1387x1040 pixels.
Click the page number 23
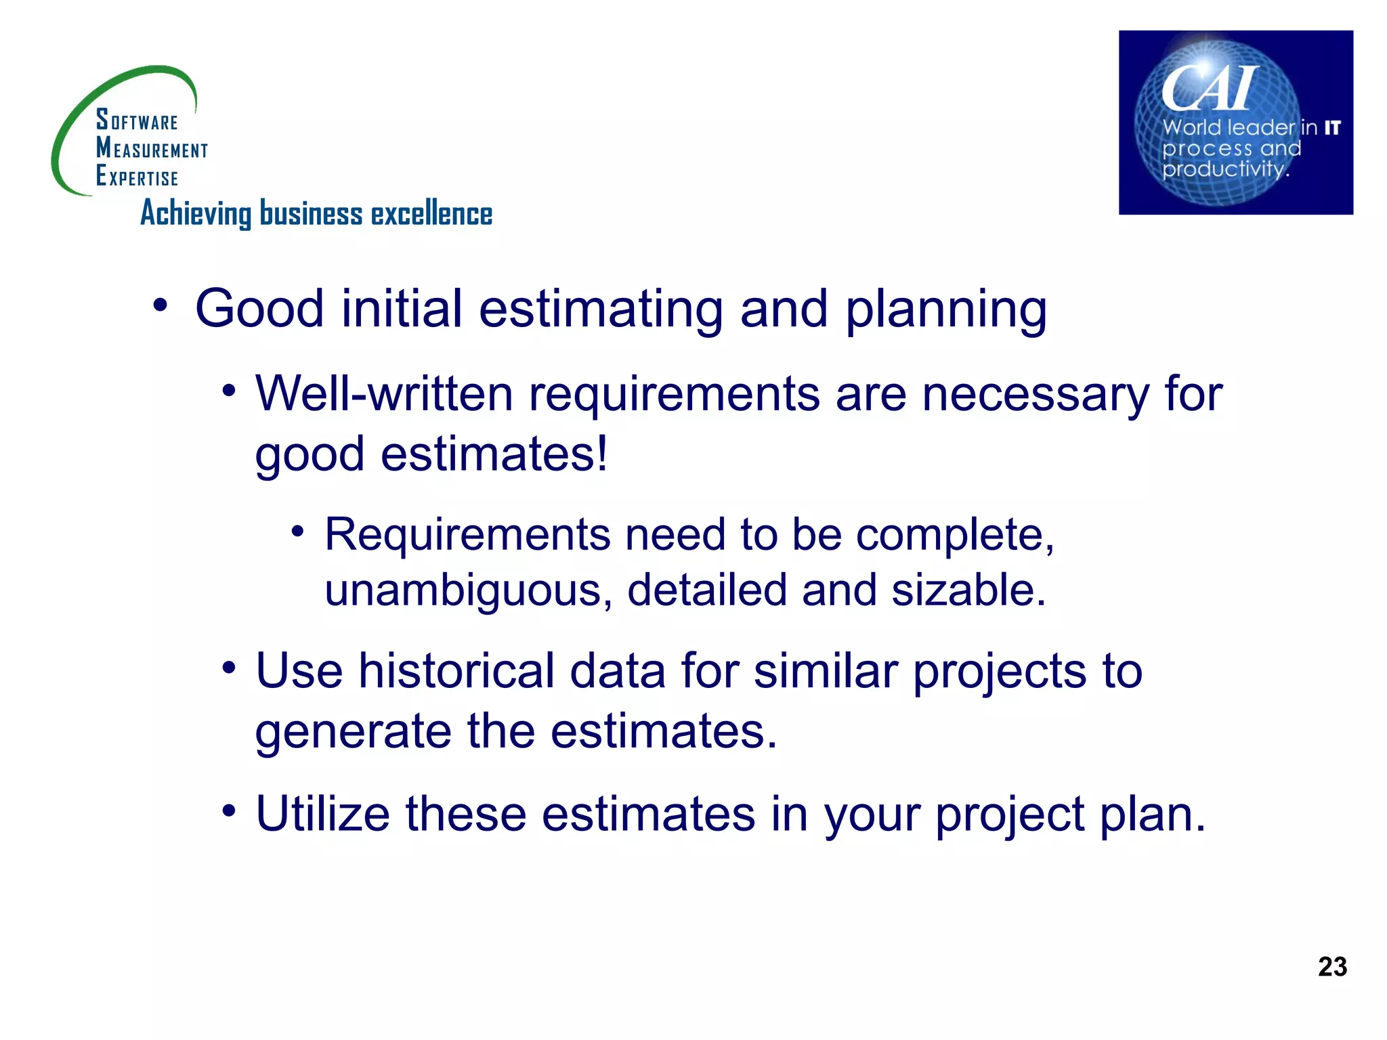pyautogui.click(x=1332, y=966)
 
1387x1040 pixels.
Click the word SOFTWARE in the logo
pyautogui.click(x=137, y=120)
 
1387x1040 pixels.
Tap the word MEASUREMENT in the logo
pyautogui.click(x=152, y=148)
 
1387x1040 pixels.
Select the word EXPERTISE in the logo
pyautogui.click(x=137, y=176)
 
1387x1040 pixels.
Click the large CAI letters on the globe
pyautogui.click(x=1210, y=88)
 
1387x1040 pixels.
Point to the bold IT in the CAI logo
pyautogui.click(x=1332, y=128)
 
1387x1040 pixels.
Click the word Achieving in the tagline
pyautogui.click(x=196, y=214)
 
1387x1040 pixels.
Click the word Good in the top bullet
pyautogui.click(x=259, y=309)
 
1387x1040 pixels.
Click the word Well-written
pyautogui.click(x=384, y=393)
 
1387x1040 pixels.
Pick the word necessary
pyautogui.click(x=1036, y=395)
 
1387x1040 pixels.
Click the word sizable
pyautogui.click(x=968, y=590)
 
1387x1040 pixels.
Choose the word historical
pyautogui.click(x=456, y=671)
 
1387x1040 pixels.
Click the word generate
pyautogui.click(x=353, y=732)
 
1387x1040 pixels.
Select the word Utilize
pyautogui.click(x=322, y=813)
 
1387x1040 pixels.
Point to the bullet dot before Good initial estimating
pyautogui.click(x=160, y=305)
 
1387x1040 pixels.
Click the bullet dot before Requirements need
pyautogui.click(x=297, y=530)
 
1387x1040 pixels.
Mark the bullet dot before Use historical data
pyautogui.click(x=229, y=668)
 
